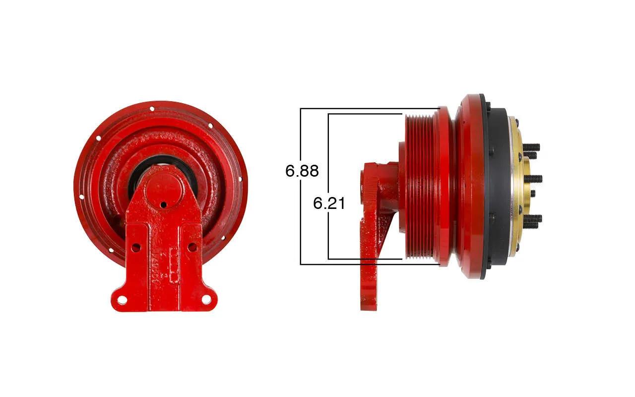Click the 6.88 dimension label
(302, 171)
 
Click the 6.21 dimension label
(329, 203)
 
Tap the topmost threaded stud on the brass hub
(531, 147)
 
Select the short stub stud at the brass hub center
(533, 194)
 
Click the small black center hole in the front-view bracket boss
(163, 204)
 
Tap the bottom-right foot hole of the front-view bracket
(206, 299)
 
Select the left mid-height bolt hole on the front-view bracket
(136, 248)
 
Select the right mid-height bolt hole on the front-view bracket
(192, 247)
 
